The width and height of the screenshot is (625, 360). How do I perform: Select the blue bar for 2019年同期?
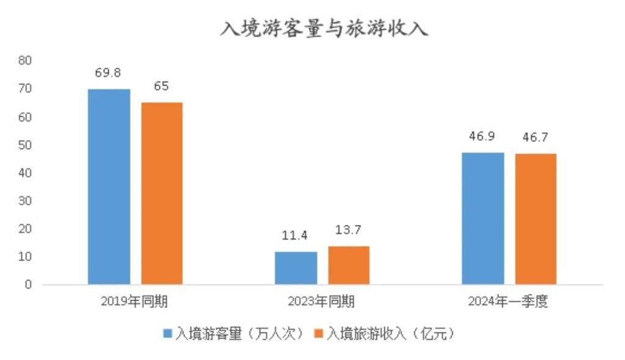click(109, 186)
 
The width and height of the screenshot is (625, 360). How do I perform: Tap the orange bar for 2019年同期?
click(162, 193)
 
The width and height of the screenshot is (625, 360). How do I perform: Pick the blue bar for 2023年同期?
click(296, 268)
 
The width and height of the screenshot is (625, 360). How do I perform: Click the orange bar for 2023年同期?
click(349, 265)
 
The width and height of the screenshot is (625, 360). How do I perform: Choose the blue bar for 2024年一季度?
click(483, 218)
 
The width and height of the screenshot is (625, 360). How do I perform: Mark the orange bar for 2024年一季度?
click(536, 219)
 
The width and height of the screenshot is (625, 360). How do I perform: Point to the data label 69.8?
click(108, 73)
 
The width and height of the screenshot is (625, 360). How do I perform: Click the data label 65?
click(161, 86)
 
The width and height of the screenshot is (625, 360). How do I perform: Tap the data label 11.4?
click(295, 235)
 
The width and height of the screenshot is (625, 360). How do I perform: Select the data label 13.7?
click(349, 230)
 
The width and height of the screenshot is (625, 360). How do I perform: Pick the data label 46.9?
click(482, 136)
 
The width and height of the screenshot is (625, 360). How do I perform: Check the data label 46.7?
click(536, 137)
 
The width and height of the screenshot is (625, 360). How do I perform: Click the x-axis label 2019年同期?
click(135, 301)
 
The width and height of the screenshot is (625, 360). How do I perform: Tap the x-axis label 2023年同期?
click(321, 301)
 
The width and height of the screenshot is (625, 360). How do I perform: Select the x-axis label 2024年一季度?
click(508, 301)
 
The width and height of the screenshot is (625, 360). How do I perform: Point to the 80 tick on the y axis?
click(25, 61)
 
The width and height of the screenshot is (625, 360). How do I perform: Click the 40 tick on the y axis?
click(25, 173)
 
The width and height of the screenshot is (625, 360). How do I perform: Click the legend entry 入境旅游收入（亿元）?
click(386, 334)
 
